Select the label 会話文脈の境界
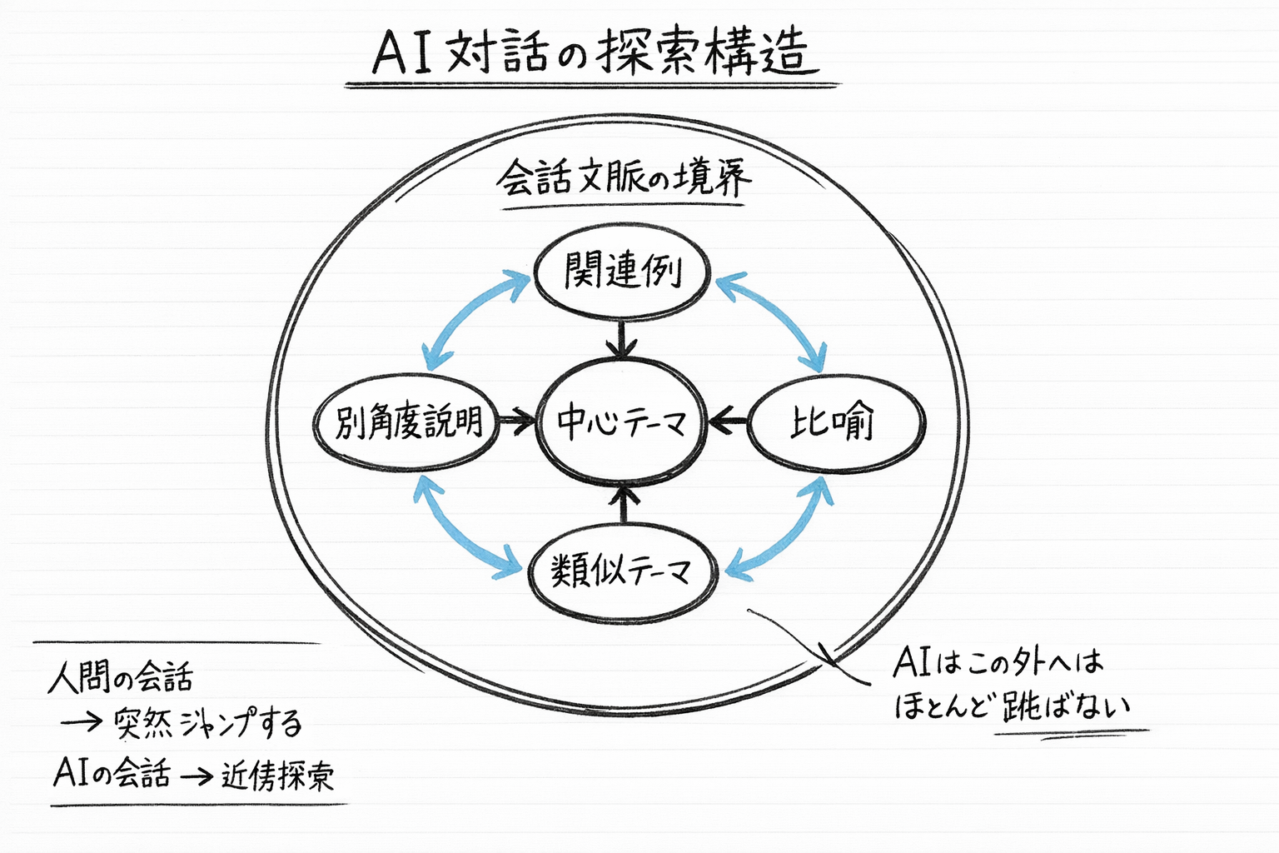click(x=623, y=178)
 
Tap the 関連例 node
click(x=622, y=272)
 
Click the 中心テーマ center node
click(x=622, y=422)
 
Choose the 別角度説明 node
click(x=407, y=422)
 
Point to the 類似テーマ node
click(x=622, y=571)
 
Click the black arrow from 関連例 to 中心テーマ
click(x=622, y=338)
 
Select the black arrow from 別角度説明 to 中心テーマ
click(x=516, y=422)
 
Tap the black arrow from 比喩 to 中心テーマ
click(x=729, y=422)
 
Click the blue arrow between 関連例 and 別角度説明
click(x=475, y=320)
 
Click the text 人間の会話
click(x=121, y=676)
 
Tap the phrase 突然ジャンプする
click(x=208, y=723)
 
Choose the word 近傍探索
click(x=278, y=776)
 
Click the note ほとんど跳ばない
click(x=1013, y=706)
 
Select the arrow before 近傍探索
click(x=197, y=776)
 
